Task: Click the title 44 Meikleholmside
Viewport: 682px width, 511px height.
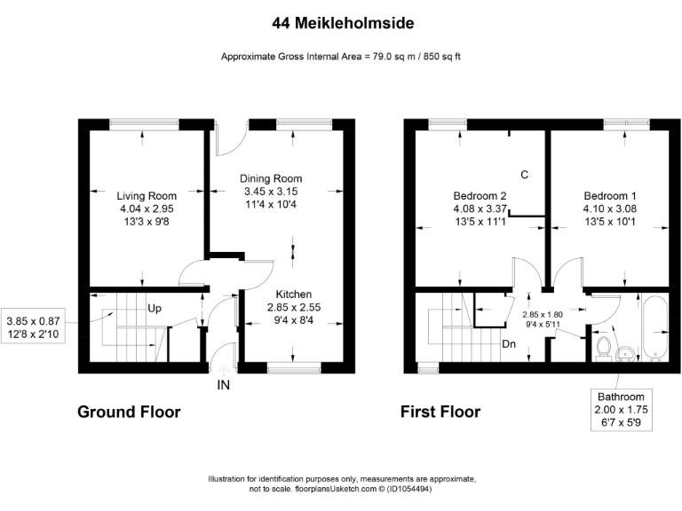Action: tap(340, 20)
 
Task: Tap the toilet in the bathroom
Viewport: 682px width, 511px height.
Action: tap(605, 346)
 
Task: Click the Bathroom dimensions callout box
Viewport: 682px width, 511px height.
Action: tap(627, 410)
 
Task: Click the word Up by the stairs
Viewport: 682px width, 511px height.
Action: tap(155, 311)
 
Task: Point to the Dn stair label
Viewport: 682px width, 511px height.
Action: tap(510, 344)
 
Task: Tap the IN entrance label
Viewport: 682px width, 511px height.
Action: tap(223, 386)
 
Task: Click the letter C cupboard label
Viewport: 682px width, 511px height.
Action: tap(525, 175)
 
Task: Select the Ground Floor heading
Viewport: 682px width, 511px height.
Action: tap(129, 412)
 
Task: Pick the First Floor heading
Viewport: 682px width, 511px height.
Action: tap(440, 412)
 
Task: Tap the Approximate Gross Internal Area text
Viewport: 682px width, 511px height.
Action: tap(340, 58)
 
